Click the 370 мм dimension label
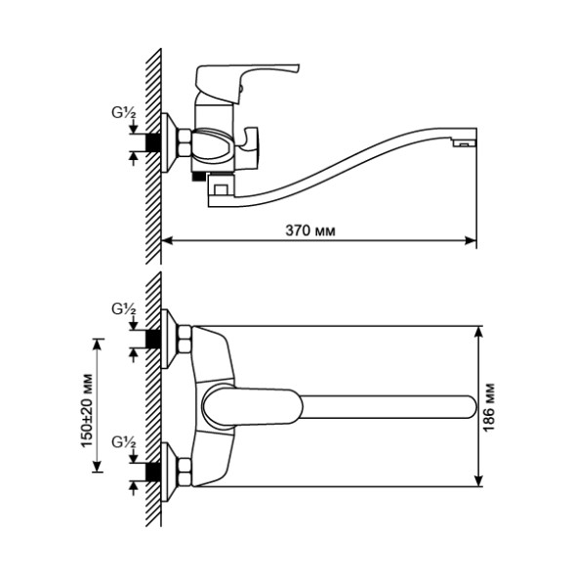tap(308, 231)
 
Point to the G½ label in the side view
tap(123, 114)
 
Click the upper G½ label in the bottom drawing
tap(123, 308)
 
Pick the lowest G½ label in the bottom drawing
tap(123, 442)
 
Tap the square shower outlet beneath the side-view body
tap(221, 188)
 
